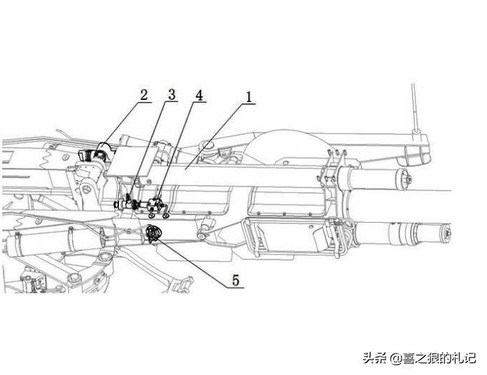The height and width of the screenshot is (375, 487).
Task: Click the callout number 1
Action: coord(246,96)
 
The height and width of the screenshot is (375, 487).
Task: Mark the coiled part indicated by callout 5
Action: coord(153,233)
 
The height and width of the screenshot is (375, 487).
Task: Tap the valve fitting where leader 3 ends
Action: coord(128,204)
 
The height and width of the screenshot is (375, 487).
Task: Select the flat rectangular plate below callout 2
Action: coord(126,161)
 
